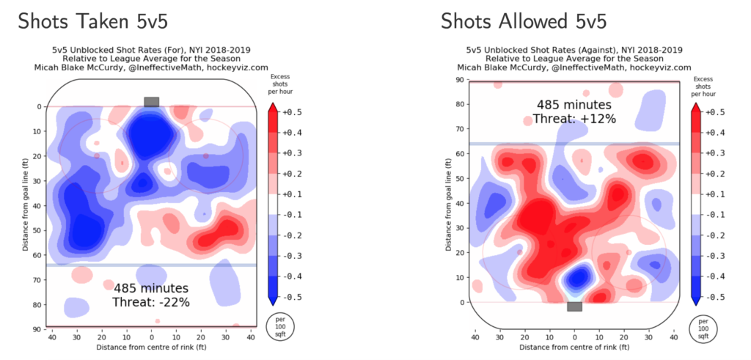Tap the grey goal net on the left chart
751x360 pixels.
click(152, 101)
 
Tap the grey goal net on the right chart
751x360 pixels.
click(574, 306)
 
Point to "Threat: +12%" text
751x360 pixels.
click(574, 119)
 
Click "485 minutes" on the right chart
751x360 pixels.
click(574, 105)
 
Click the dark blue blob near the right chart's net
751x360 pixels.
click(579, 277)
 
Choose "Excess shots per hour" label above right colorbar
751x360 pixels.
click(702, 87)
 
